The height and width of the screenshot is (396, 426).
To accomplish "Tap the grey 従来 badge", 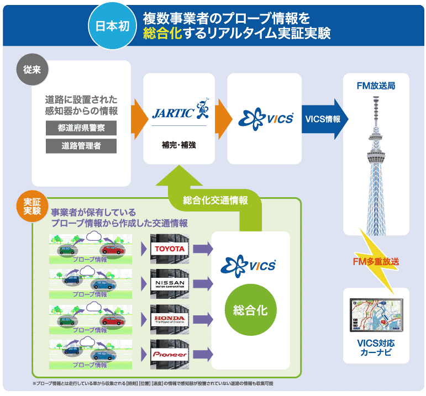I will point(31,71).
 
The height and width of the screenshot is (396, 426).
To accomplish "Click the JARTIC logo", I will point(178,112).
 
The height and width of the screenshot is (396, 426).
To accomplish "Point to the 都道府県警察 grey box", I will point(82,128).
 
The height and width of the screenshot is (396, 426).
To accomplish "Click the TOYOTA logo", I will point(169,249).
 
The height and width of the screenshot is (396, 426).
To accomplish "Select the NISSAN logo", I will point(169,284).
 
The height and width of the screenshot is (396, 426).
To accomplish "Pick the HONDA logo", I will point(169,319).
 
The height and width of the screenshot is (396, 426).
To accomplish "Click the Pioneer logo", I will point(169,354).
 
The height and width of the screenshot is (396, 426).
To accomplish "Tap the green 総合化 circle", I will point(250,310).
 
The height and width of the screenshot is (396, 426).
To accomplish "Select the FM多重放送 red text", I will point(376,261).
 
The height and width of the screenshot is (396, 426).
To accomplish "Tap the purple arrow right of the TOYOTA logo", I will point(203,249).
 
